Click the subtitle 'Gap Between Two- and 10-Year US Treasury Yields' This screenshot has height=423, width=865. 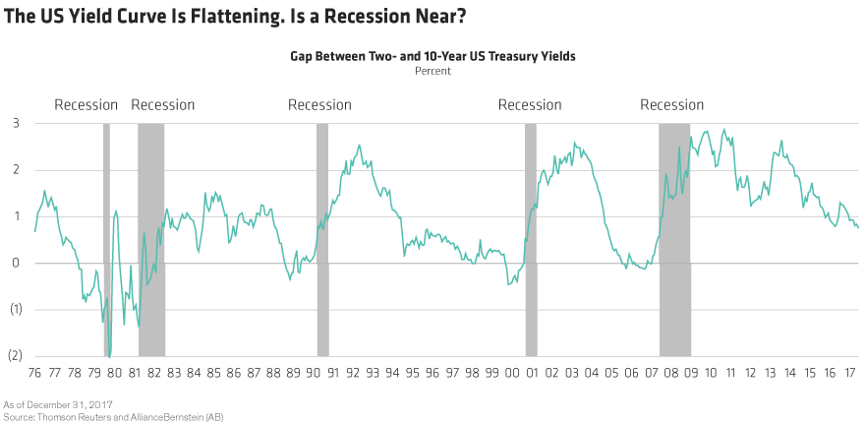pyautogui.click(x=432, y=57)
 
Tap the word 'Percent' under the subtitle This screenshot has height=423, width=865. pyautogui.click(x=432, y=72)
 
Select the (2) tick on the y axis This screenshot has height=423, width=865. pyautogui.click(x=14, y=356)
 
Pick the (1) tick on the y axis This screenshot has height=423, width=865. pyautogui.click(x=14, y=310)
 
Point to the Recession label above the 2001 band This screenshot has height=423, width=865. pyautogui.click(x=530, y=105)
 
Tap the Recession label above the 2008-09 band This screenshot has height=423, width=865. pyautogui.click(x=672, y=105)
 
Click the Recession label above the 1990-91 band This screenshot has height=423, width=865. pyautogui.click(x=320, y=105)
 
